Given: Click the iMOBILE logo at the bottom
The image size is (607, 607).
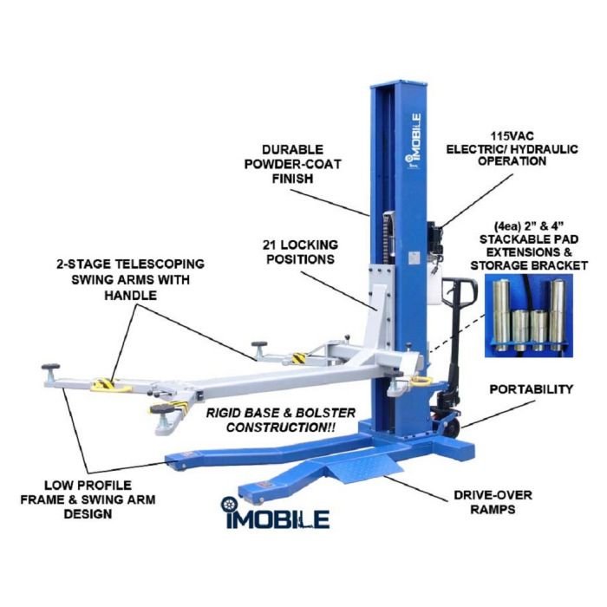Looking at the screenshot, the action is [275, 513].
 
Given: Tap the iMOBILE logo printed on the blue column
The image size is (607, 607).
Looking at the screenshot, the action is [413, 140].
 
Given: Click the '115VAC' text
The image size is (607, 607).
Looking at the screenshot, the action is [512, 136].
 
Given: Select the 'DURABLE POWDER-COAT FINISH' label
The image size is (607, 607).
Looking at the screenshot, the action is [292, 164].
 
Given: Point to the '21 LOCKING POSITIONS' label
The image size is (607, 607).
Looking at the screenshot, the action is [300, 251].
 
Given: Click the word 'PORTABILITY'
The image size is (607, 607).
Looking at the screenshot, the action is [531, 389].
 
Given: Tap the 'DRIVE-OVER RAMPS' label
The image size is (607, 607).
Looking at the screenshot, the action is [493, 502].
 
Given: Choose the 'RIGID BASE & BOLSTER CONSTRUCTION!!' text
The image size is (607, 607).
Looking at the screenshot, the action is [281, 420].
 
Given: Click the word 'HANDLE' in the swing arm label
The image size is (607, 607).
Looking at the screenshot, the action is [130, 296].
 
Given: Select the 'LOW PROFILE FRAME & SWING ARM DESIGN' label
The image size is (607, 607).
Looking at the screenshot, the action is [88, 499].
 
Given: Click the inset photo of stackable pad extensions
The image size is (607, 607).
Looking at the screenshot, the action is [528, 316].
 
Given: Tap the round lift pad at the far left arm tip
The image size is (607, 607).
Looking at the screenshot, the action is [50, 366].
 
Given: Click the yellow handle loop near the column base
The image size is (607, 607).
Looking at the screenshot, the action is [421, 382].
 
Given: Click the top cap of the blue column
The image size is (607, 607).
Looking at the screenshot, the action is [400, 84].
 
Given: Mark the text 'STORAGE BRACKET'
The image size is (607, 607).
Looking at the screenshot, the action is [529, 265].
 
